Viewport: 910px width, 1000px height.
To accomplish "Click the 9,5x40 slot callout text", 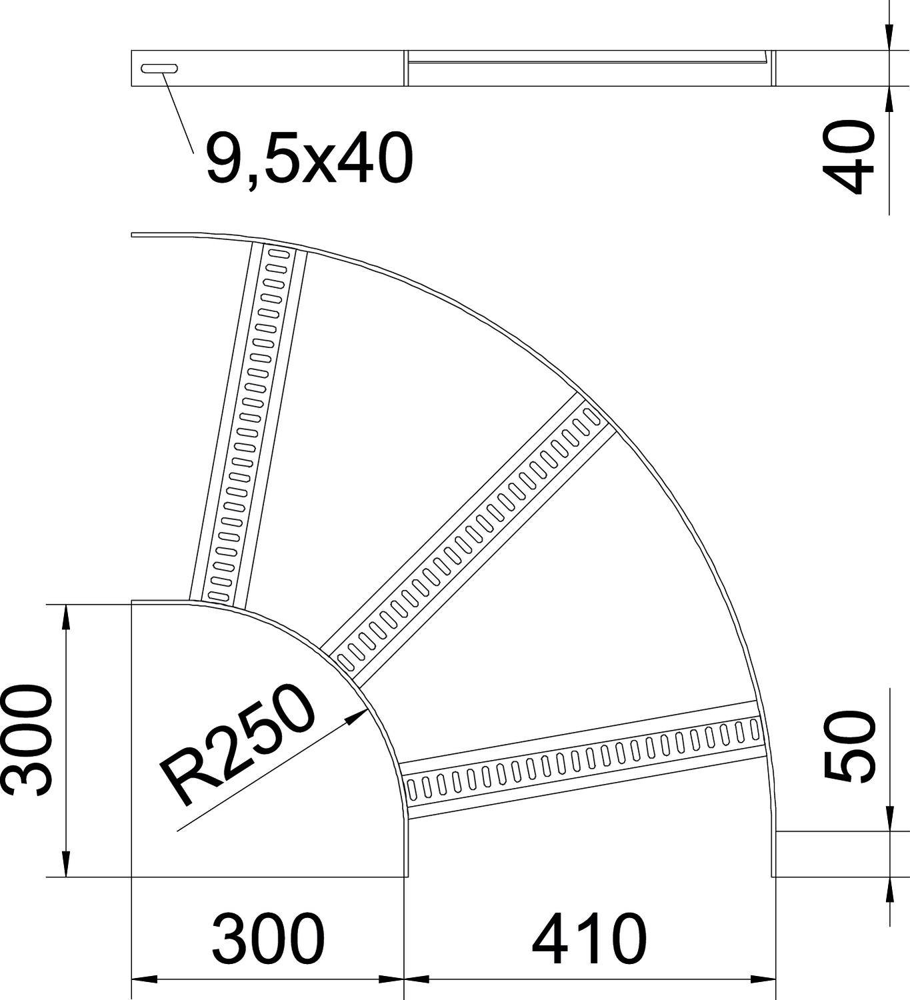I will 309,158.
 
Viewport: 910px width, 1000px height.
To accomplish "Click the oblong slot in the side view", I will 159,68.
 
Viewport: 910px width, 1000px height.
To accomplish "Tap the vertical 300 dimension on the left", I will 27,739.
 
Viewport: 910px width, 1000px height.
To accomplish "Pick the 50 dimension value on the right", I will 849,745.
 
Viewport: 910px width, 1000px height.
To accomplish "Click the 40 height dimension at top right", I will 849,157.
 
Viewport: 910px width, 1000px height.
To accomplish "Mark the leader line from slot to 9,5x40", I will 177,110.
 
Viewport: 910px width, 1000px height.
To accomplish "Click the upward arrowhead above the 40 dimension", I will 889,98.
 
